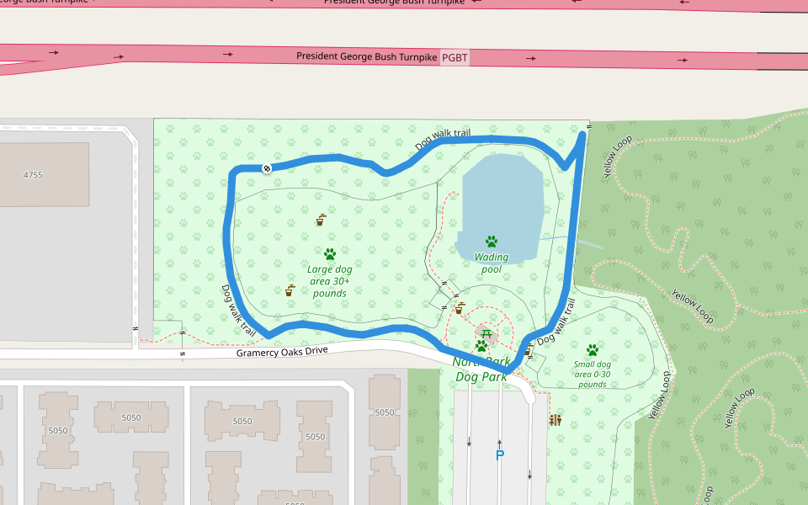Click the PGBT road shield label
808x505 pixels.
point(454,58)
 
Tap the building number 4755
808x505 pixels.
point(33,175)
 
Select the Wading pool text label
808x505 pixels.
point(492,263)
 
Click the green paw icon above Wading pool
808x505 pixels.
point(492,242)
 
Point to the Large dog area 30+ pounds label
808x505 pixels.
point(330,281)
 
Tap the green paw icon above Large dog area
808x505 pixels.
point(330,253)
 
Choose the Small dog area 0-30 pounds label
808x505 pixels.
point(592,374)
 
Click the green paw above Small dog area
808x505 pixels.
point(593,350)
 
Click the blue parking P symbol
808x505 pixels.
point(499,456)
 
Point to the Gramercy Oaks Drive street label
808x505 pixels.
point(281,352)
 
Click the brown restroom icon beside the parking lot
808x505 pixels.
point(555,420)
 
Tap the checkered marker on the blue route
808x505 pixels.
point(267,168)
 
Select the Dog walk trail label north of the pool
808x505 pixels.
point(443,139)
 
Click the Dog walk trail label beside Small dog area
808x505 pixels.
point(556,323)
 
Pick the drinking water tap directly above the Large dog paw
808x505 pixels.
point(321,221)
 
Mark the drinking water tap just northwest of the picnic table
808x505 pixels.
point(460,309)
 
